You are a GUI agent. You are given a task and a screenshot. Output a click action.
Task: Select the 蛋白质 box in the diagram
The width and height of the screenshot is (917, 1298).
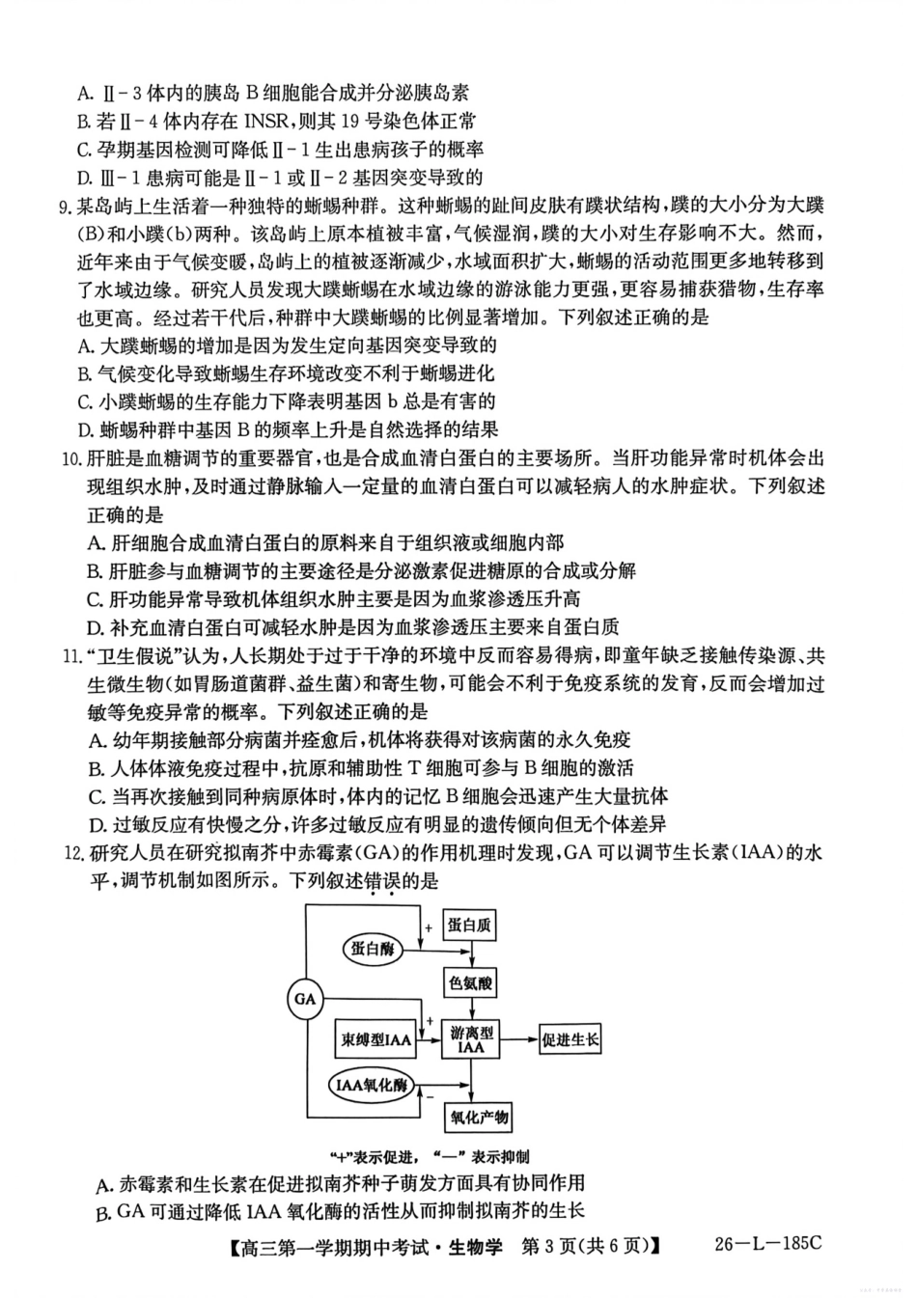(x=470, y=925)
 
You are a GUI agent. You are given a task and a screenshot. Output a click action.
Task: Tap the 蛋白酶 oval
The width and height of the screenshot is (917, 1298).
(x=374, y=949)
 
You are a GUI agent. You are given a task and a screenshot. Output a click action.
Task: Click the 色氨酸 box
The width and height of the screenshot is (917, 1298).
(x=470, y=984)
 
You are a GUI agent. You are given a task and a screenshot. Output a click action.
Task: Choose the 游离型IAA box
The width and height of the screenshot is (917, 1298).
(x=471, y=1039)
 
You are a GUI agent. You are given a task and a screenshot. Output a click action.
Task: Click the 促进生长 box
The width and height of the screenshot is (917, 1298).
(x=570, y=1039)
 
